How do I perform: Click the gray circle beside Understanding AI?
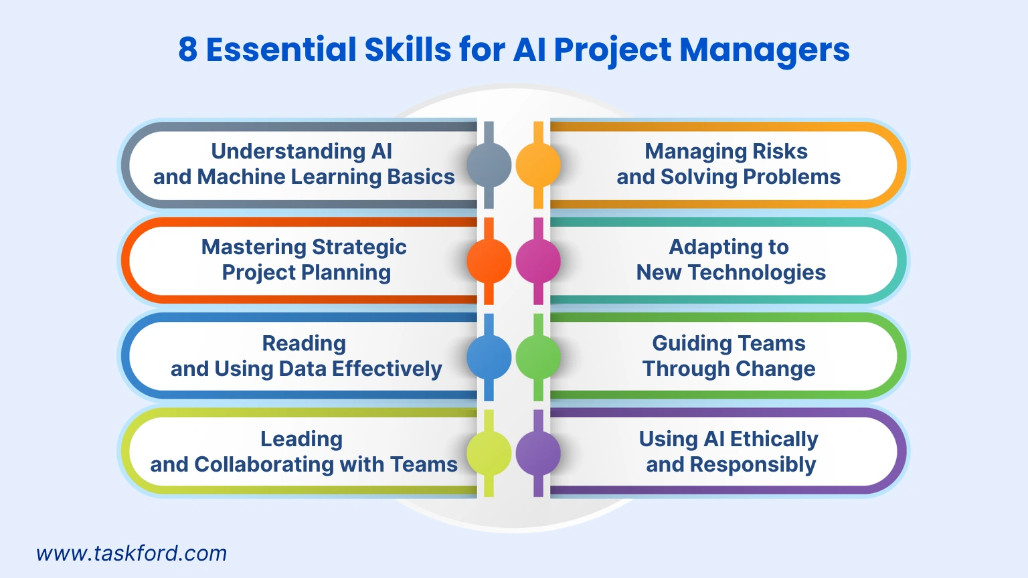(489, 165)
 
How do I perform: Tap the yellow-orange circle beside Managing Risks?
(538, 165)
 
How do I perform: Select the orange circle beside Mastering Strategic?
(489, 261)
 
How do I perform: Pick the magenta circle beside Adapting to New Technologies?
(538, 261)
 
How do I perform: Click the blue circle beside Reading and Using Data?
(489, 357)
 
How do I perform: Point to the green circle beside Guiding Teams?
(538, 357)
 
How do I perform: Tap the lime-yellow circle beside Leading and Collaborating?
(489, 453)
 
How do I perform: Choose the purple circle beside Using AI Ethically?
(538, 453)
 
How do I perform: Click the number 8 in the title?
(188, 50)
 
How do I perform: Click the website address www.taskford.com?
(131, 553)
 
